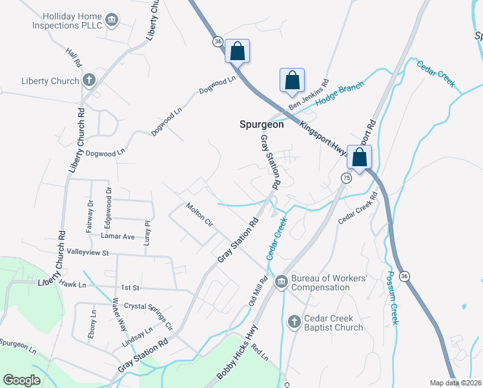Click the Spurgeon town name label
[x=262, y=125]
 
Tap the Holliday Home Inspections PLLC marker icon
[x=112, y=20]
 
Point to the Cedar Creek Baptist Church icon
[x=294, y=322]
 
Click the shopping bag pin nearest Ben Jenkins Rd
[x=292, y=80]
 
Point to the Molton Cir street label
[x=200, y=215]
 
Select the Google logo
[x=21, y=380]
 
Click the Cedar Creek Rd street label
[x=356, y=211]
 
